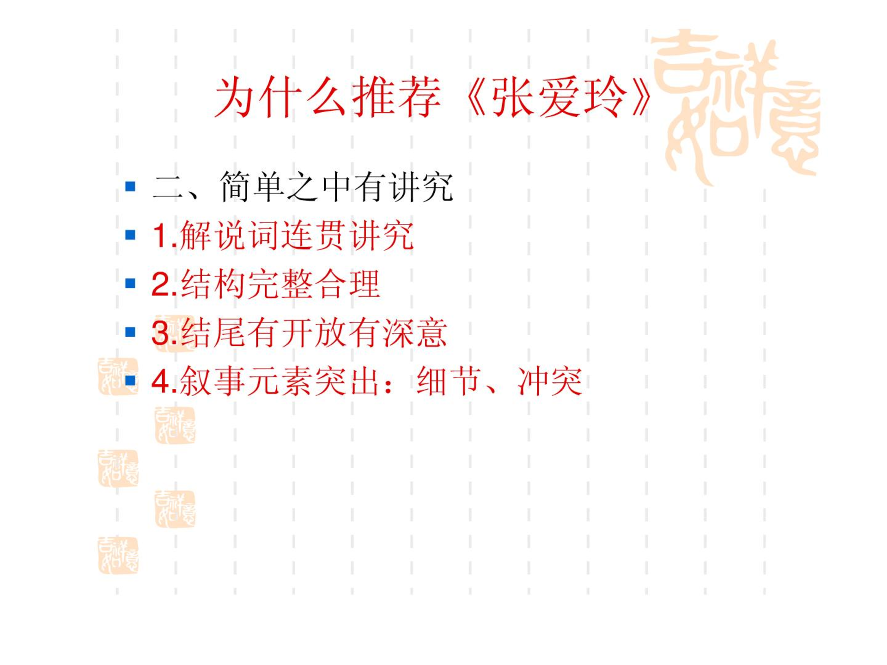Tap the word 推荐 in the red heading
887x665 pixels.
(x=396, y=97)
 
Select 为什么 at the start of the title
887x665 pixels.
(x=280, y=97)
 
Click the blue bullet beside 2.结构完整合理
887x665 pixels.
(x=130, y=283)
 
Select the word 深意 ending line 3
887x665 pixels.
(x=414, y=332)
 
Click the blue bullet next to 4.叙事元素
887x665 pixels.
(x=130, y=380)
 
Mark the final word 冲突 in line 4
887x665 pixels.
(x=550, y=381)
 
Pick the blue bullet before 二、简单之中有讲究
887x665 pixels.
(x=130, y=186)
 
